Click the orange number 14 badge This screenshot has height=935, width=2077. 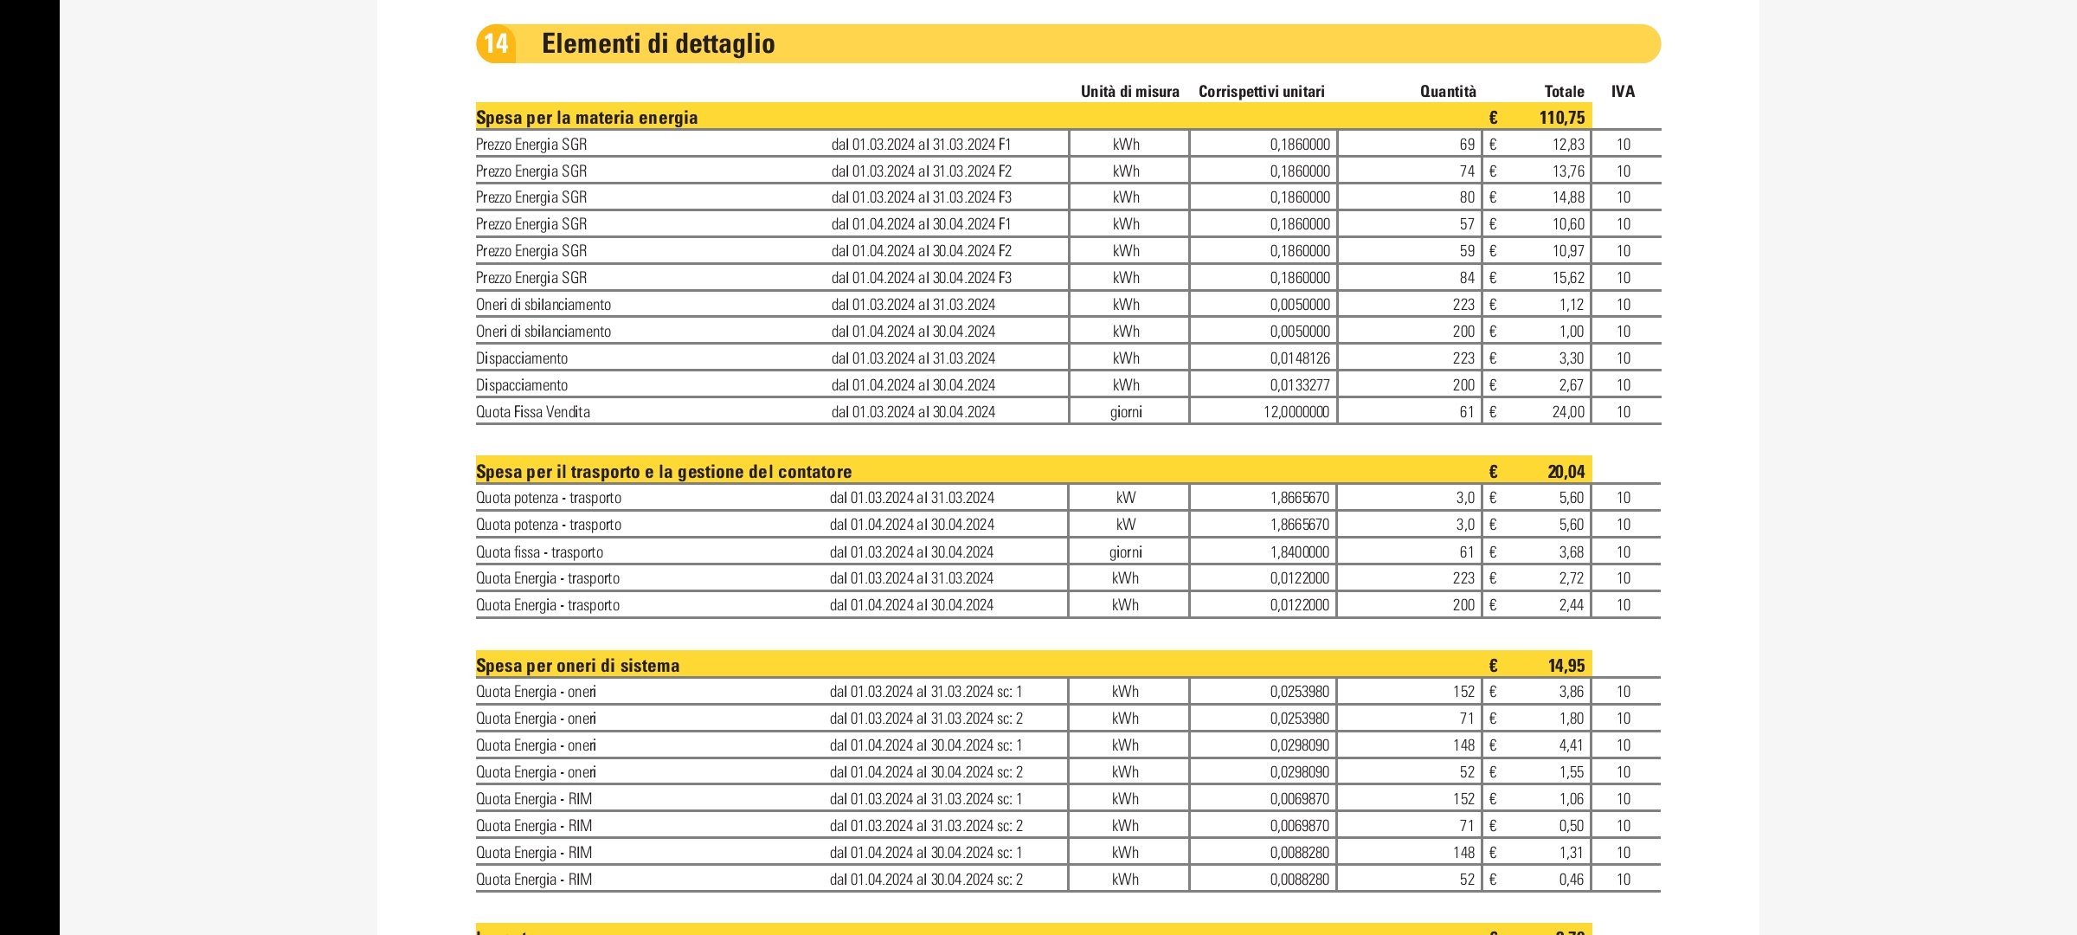[x=496, y=43]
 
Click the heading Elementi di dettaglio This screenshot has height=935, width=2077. [x=658, y=43]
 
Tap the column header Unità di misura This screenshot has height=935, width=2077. [x=1129, y=92]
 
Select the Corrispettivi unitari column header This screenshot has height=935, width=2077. [x=1261, y=92]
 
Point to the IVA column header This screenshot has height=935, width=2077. [x=1623, y=92]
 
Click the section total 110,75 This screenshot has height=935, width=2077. [x=1561, y=118]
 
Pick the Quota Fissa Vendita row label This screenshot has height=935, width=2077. [x=533, y=412]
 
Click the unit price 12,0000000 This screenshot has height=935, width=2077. [x=1296, y=412]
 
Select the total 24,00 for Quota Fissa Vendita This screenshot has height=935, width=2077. [x=1567, y=412]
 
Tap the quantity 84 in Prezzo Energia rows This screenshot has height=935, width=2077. [x=1466, y=278]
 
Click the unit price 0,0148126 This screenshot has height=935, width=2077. [x=1299, y=358]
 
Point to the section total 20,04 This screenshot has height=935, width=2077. [x=1566, y=472]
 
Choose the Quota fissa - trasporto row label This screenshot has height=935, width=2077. [x=539, y=552]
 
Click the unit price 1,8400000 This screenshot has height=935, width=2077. [x=1299, y=552]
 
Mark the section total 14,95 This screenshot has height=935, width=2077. [x=1566, y=666]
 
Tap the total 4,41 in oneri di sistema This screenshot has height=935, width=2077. [x=1571, y=745]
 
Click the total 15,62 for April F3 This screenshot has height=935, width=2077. [x=1567, y=278]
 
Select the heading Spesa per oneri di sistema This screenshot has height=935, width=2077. [x=577, y=666]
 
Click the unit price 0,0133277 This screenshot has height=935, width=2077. [x=1299, y=385]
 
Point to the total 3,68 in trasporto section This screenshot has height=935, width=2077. [x=1571, y=552]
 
